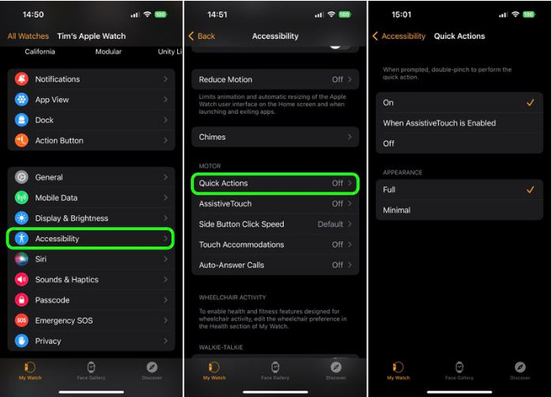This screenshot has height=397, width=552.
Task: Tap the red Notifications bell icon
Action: point(21,79)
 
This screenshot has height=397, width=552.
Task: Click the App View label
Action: point(52,100)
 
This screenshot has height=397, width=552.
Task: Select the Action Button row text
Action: point(59,141)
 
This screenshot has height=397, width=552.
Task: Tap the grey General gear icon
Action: point(21,177)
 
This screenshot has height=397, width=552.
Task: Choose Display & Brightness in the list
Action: point(72,218)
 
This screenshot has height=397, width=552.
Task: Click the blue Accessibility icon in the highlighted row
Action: point(21,238)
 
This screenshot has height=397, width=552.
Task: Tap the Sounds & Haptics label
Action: point(67,280)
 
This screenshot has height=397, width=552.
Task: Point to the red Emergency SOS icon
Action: point(21,320)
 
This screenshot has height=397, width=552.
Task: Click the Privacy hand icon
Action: point(21,341)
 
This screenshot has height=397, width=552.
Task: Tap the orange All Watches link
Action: point(28,36)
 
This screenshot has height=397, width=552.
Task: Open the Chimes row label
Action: point(213,137)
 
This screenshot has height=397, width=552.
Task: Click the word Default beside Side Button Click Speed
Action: point(330,225)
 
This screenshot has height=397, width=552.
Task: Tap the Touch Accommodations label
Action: point(241,245)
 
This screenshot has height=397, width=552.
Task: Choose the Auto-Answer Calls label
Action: point(232,266)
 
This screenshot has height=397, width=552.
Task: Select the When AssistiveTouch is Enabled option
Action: point(440,123)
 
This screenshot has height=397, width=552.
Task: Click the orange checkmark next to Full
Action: point(529,190)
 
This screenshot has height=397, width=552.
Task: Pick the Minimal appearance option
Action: point(397,210)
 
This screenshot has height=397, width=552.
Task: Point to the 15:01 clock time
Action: point(403,15)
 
